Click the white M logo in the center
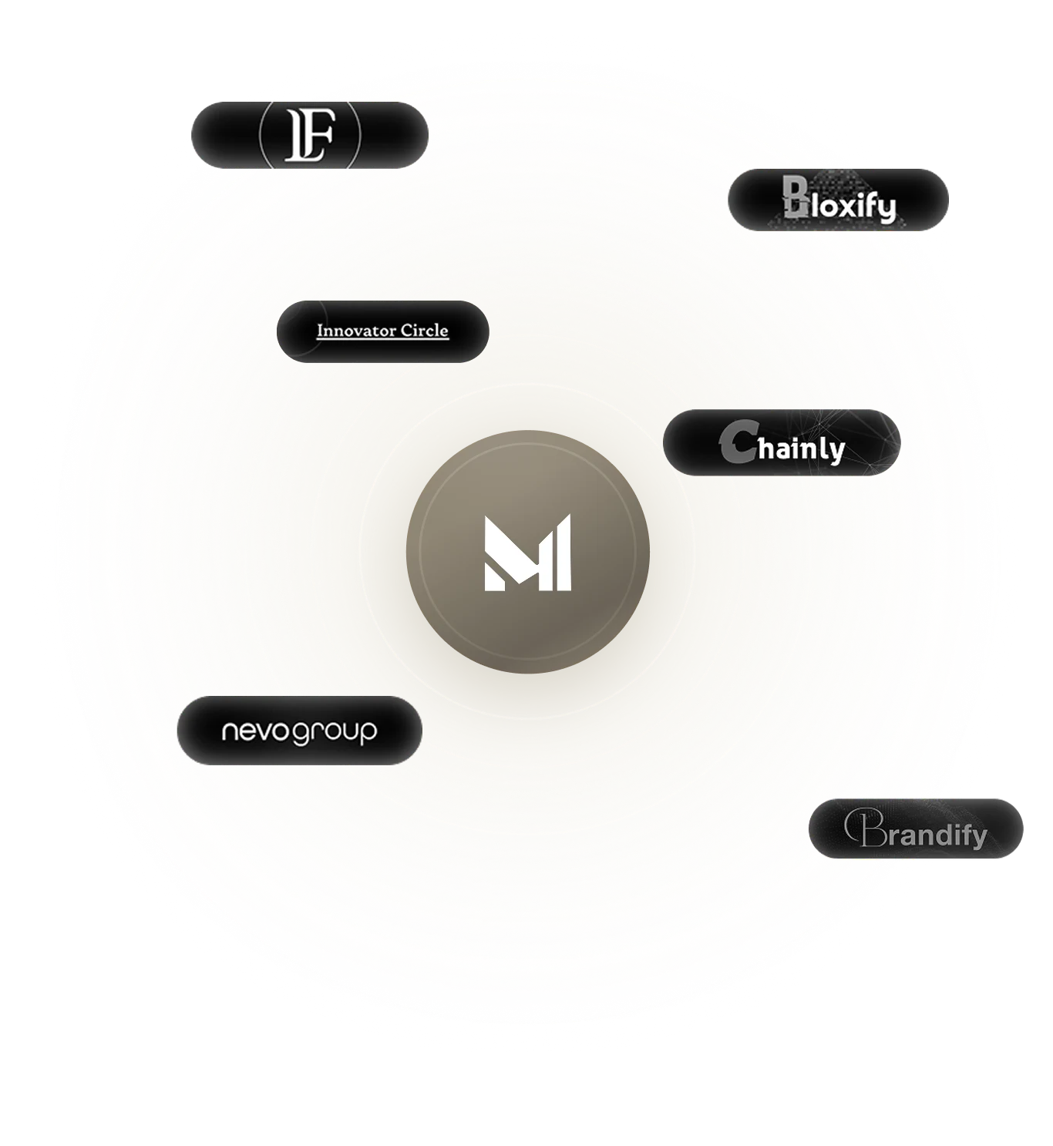528,552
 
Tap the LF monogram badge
310,134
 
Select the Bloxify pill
839,200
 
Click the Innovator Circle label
382,331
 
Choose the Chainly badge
782,442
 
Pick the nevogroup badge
299,731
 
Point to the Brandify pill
916,829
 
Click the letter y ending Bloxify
886,210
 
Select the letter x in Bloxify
849,207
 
